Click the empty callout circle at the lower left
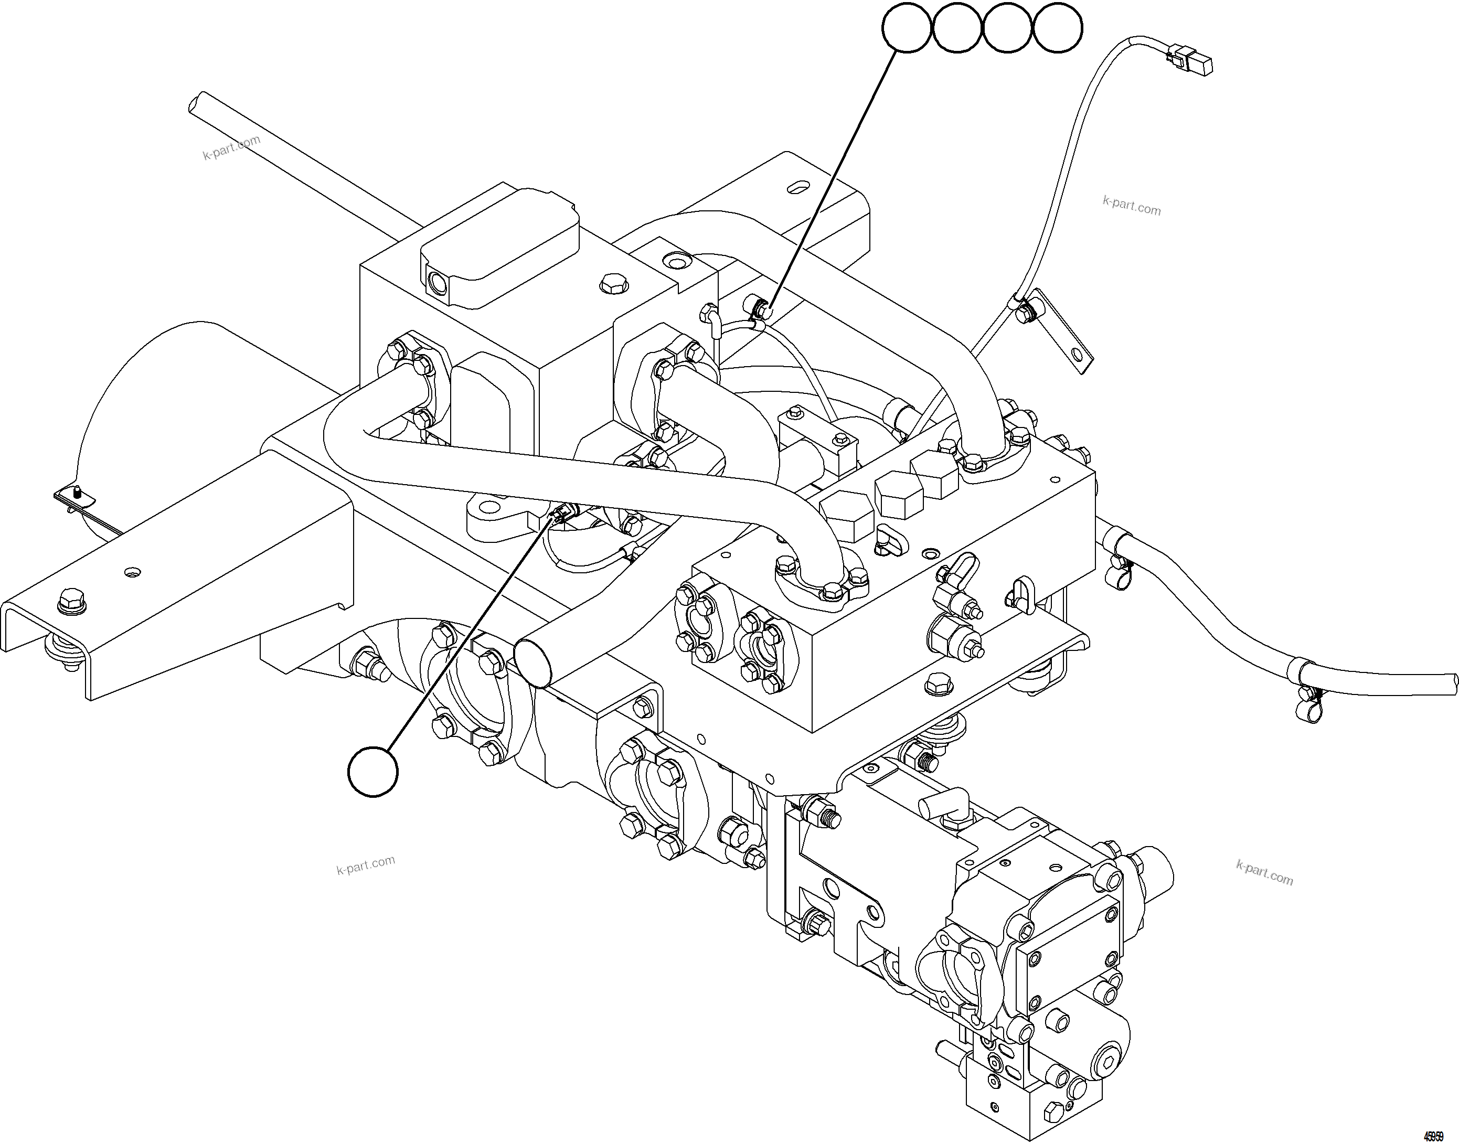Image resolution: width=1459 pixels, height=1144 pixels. [x=373, y=772]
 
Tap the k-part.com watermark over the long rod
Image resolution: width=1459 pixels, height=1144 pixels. [x=231, y=148]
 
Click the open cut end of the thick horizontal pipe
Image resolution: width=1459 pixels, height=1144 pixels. [x=534, y=662]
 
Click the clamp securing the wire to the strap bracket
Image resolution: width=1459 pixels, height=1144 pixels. [x=1026, y=310]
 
